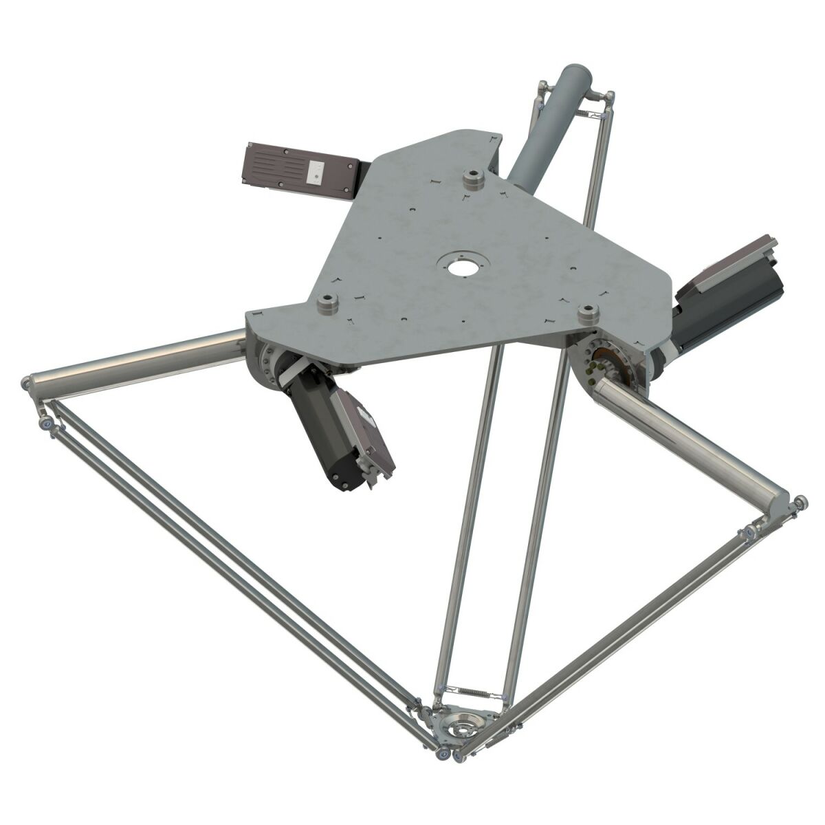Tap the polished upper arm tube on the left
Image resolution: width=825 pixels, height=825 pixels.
click(137, 359)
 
